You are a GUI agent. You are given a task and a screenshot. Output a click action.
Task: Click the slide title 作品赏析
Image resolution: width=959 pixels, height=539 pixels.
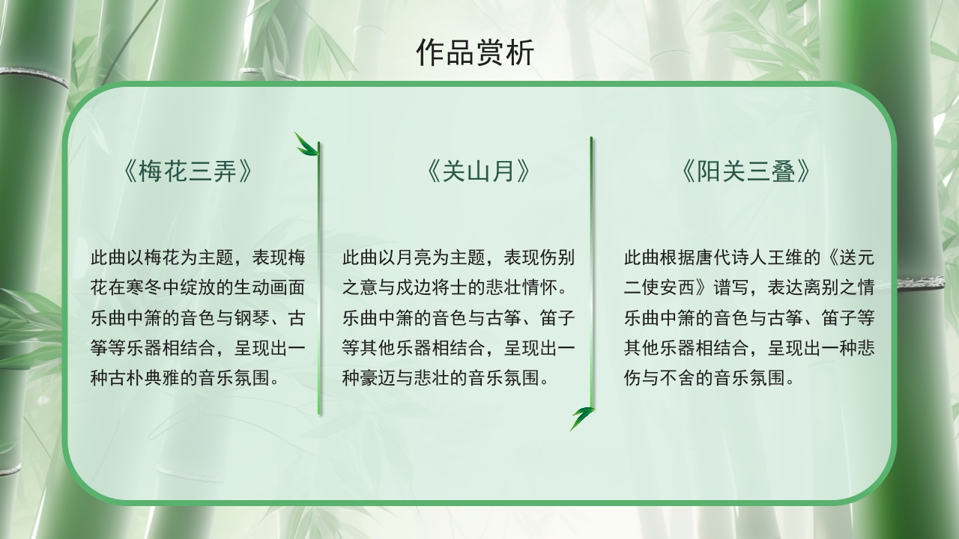[x=475, y=54]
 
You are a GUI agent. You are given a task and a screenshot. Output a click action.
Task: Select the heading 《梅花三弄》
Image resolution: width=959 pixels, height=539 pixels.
[x=187, y=172]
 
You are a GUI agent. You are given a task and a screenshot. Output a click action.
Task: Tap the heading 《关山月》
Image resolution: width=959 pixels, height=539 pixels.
[x=479, y=172]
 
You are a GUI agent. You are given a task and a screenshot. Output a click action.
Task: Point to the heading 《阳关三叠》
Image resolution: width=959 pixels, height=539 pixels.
[x=747, y=172]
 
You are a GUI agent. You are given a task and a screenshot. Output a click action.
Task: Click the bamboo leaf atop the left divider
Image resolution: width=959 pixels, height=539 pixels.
[x=306, y=144]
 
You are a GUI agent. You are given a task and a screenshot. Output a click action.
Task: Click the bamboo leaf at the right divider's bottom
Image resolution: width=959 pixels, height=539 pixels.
[x=581, y=417]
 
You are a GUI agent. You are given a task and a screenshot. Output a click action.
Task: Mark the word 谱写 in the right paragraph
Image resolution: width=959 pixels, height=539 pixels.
[x=730, y=288]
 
